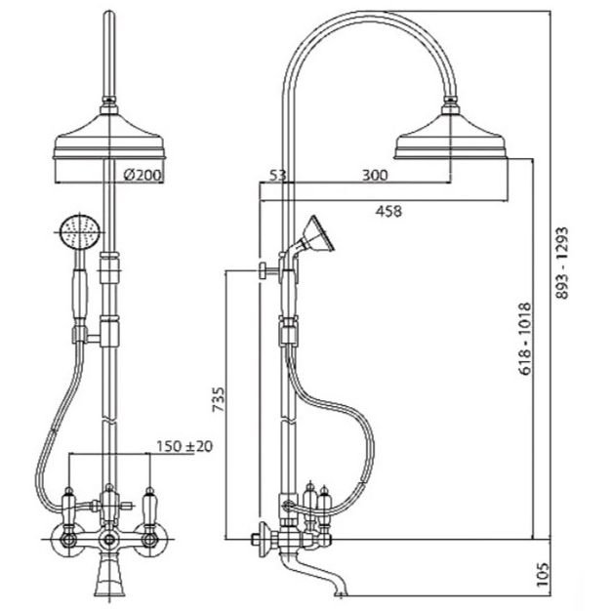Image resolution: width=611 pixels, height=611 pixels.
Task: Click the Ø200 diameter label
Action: point(143,175)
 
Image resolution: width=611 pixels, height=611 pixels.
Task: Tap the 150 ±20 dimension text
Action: point(184,446)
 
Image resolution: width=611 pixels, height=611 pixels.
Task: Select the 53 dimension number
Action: point(278,176)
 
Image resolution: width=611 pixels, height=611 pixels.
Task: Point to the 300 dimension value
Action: point(375,176)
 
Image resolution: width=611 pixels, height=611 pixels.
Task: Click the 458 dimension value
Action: point(388,211)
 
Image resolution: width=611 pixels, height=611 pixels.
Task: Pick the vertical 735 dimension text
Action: point(219,399)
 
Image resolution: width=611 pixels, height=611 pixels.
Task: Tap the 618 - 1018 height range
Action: point(525,339)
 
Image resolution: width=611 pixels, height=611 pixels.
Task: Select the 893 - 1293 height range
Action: point(562,263)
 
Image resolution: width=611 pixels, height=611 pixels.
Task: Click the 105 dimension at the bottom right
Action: point(542,574)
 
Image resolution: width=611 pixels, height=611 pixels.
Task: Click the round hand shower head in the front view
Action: point(80,232)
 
